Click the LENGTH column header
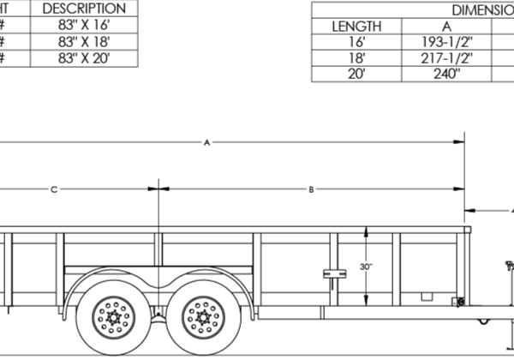356,26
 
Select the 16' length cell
356,42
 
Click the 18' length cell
356,58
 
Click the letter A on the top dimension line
206,141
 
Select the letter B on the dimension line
312,188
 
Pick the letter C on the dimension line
54,188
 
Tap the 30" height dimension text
367,267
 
